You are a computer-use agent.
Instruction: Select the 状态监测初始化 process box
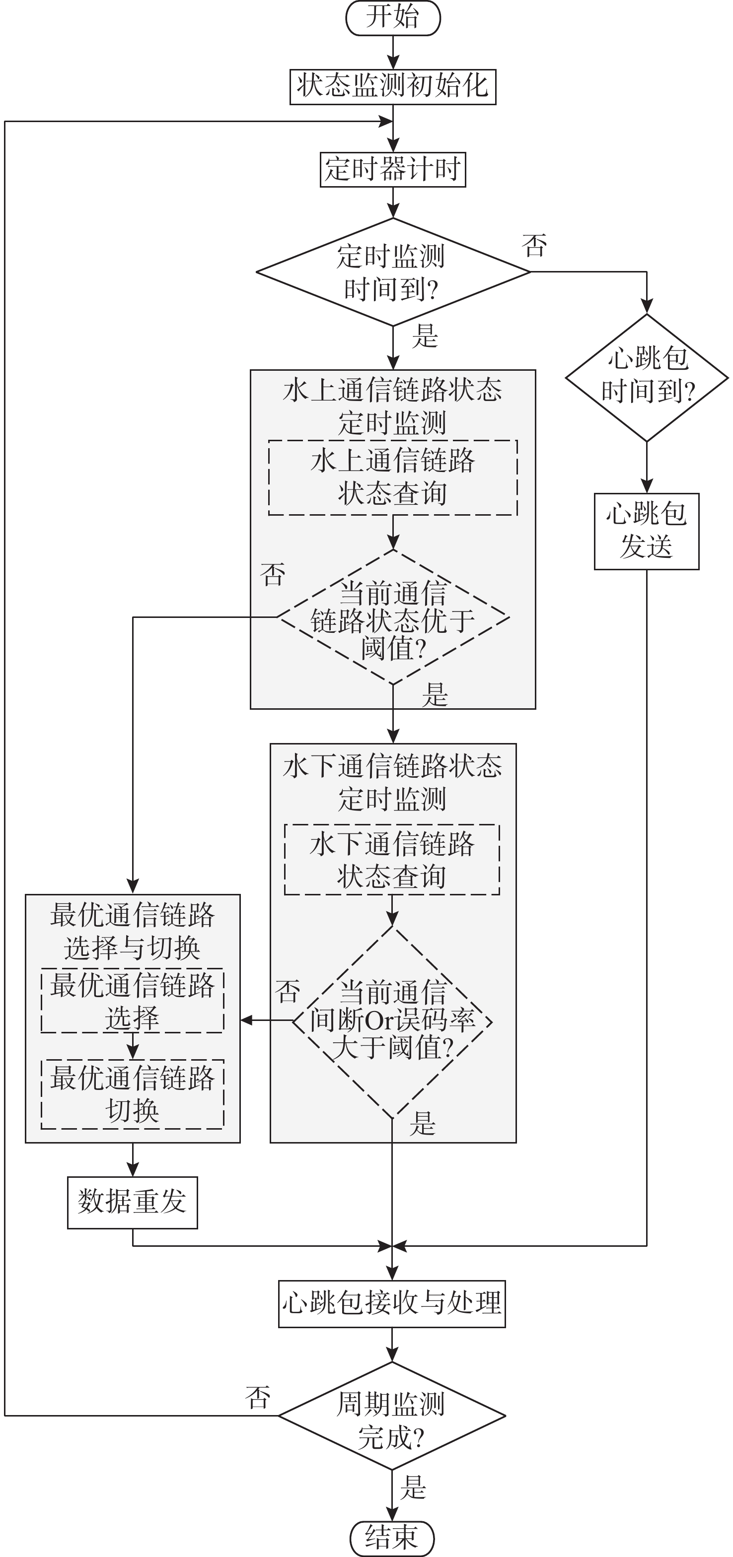pos(392,87)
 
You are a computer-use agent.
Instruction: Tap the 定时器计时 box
pos(392,170)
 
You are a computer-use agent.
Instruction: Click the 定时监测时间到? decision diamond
pos(392,272)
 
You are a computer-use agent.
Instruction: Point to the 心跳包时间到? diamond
pos(647,377)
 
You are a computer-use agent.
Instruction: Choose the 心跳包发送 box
pos(647,531)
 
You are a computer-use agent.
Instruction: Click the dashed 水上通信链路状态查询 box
pos(392,477)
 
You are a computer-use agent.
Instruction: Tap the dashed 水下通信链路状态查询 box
pos(392,860)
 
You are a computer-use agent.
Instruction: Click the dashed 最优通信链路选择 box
pos(133,1000)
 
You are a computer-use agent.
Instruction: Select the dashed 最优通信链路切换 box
pos(133,1094)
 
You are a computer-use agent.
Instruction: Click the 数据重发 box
pos(133,1202)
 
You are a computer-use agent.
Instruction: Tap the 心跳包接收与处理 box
pos(392,1303)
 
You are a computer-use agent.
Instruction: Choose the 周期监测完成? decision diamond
pos(392,1416)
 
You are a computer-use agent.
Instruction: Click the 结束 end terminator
pos(392,1538)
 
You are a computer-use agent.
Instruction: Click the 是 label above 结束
pos(414,1487)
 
